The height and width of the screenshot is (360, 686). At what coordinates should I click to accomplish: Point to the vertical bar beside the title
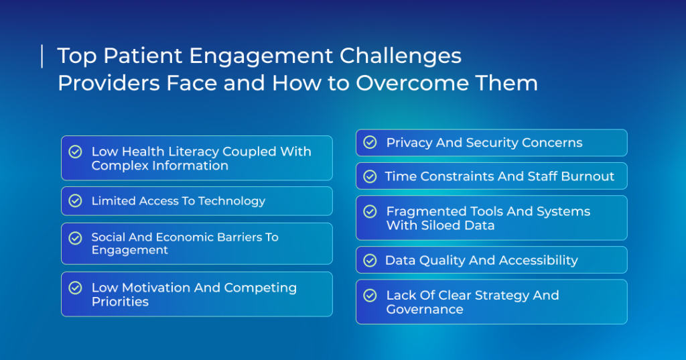pyautogui.click(x=42, y=56)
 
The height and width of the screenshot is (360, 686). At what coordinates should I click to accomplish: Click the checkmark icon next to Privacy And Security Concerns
pyautogui.click(x=370, y=142)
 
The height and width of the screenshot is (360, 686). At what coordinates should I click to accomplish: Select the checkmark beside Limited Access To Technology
pyautogui.click(x=75, y=200)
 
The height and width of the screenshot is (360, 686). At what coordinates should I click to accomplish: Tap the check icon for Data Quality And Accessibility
pyautogui.click(x=370, y=260)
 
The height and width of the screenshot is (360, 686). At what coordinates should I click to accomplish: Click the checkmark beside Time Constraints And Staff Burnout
pyautogui.click(x=370, y=176)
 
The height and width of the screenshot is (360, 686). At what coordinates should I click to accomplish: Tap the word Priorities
pyautogui.click(x=120, y=302)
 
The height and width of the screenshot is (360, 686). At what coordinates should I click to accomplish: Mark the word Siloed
pyautogui.click(x=440, y=225)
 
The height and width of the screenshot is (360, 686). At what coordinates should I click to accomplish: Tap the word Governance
pyautogui.click(x=424, y=309)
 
